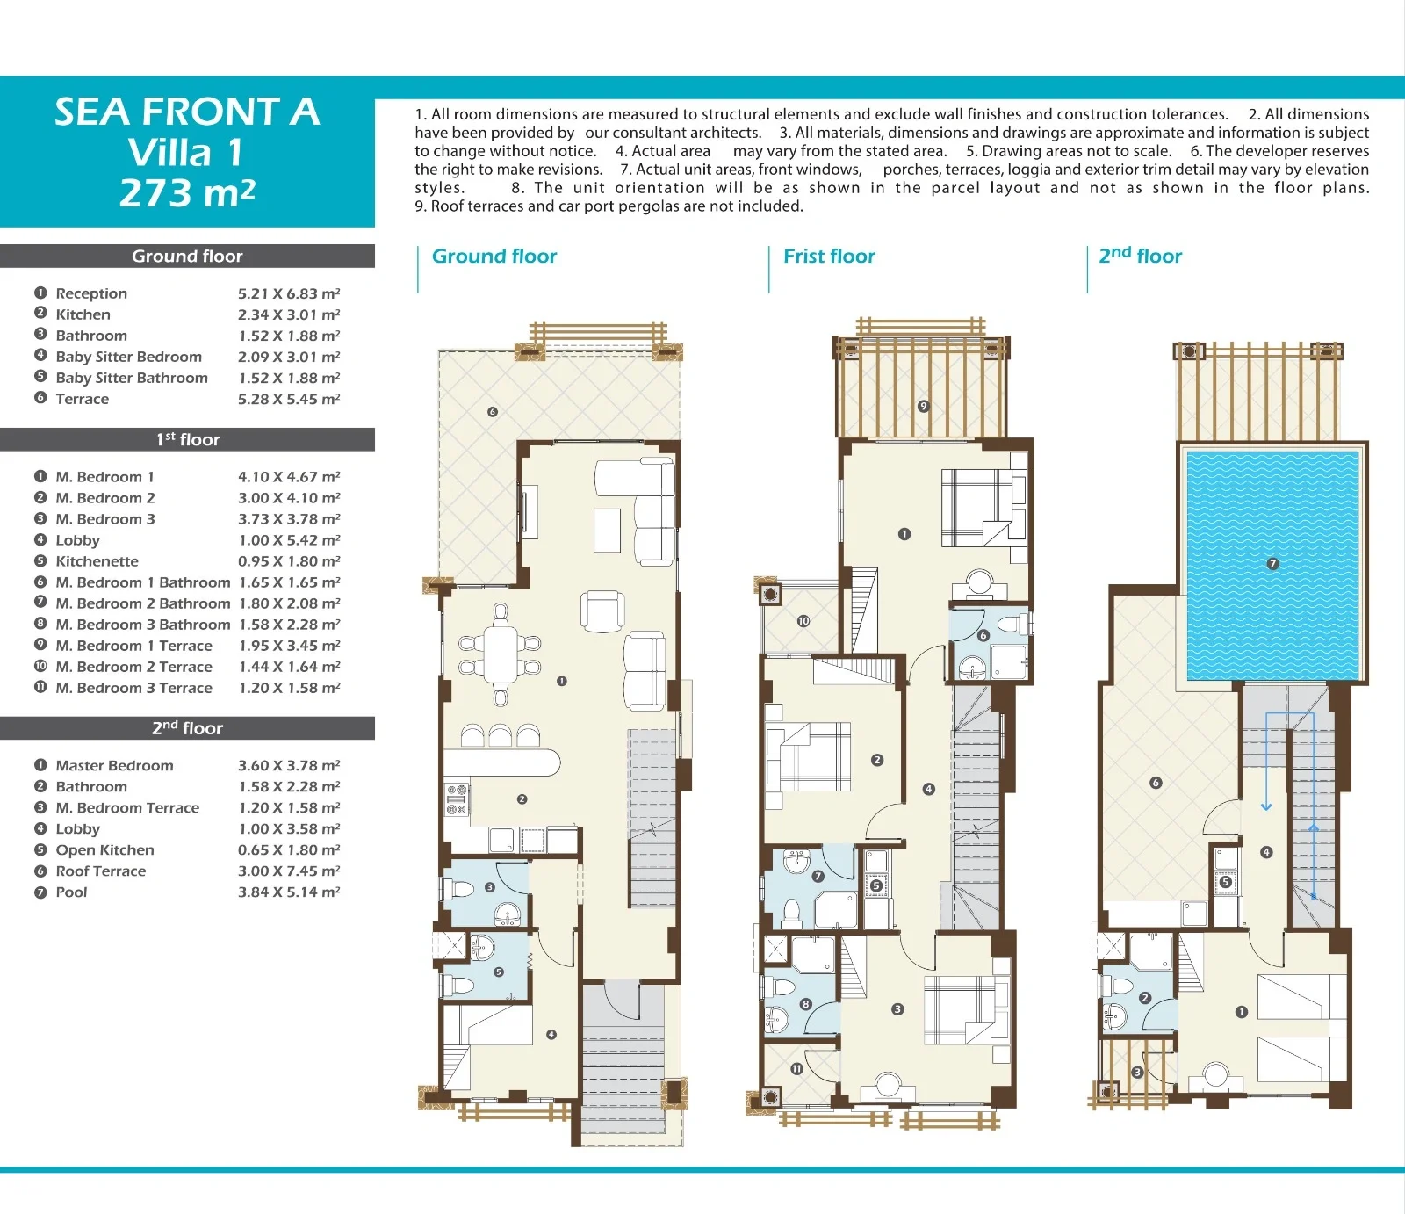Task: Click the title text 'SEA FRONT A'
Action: pos(187,112)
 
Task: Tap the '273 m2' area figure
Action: pos(187,193)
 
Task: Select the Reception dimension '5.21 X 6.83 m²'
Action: pos(289,293)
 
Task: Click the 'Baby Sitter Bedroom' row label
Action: pos(128,357)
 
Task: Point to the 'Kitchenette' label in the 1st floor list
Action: pos(97,561)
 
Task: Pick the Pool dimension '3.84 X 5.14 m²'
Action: pos(289,892)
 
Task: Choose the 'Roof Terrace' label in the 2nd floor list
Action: pos(100,871)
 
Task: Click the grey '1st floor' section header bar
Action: pos(187,439)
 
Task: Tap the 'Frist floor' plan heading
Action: pos(829,257)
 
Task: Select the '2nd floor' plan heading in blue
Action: pos(1140,256)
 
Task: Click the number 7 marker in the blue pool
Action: pos(1272,564)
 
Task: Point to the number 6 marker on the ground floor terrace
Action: pos(492,411)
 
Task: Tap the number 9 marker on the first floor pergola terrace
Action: pos(923,406)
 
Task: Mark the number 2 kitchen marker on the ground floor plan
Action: pos(522,799)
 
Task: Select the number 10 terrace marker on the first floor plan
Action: pos(803,621)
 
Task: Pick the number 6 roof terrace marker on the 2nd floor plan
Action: pos(1156,783)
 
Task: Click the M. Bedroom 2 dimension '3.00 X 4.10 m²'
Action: pos(289,498)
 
